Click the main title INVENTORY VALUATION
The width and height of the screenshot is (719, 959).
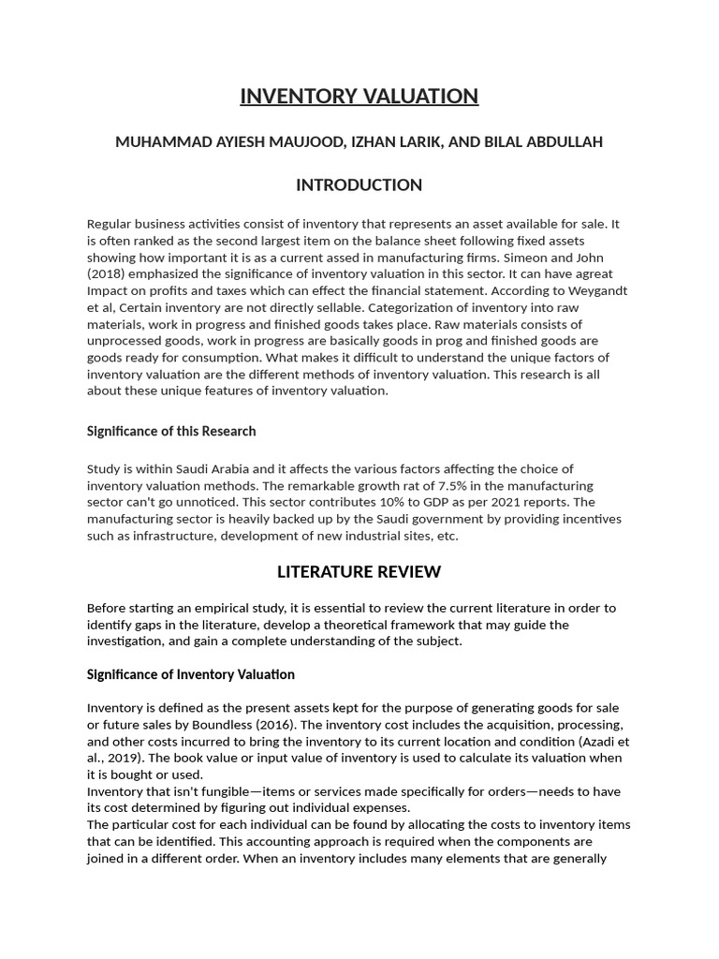(x=359, y=96)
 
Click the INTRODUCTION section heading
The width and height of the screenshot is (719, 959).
(x=359, y=184)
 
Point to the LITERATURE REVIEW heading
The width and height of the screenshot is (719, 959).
(x=359, y=571)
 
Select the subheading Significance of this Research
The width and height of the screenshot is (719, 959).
(x=170, y=431)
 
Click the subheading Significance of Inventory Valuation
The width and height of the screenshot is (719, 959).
(x=190, y=674)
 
